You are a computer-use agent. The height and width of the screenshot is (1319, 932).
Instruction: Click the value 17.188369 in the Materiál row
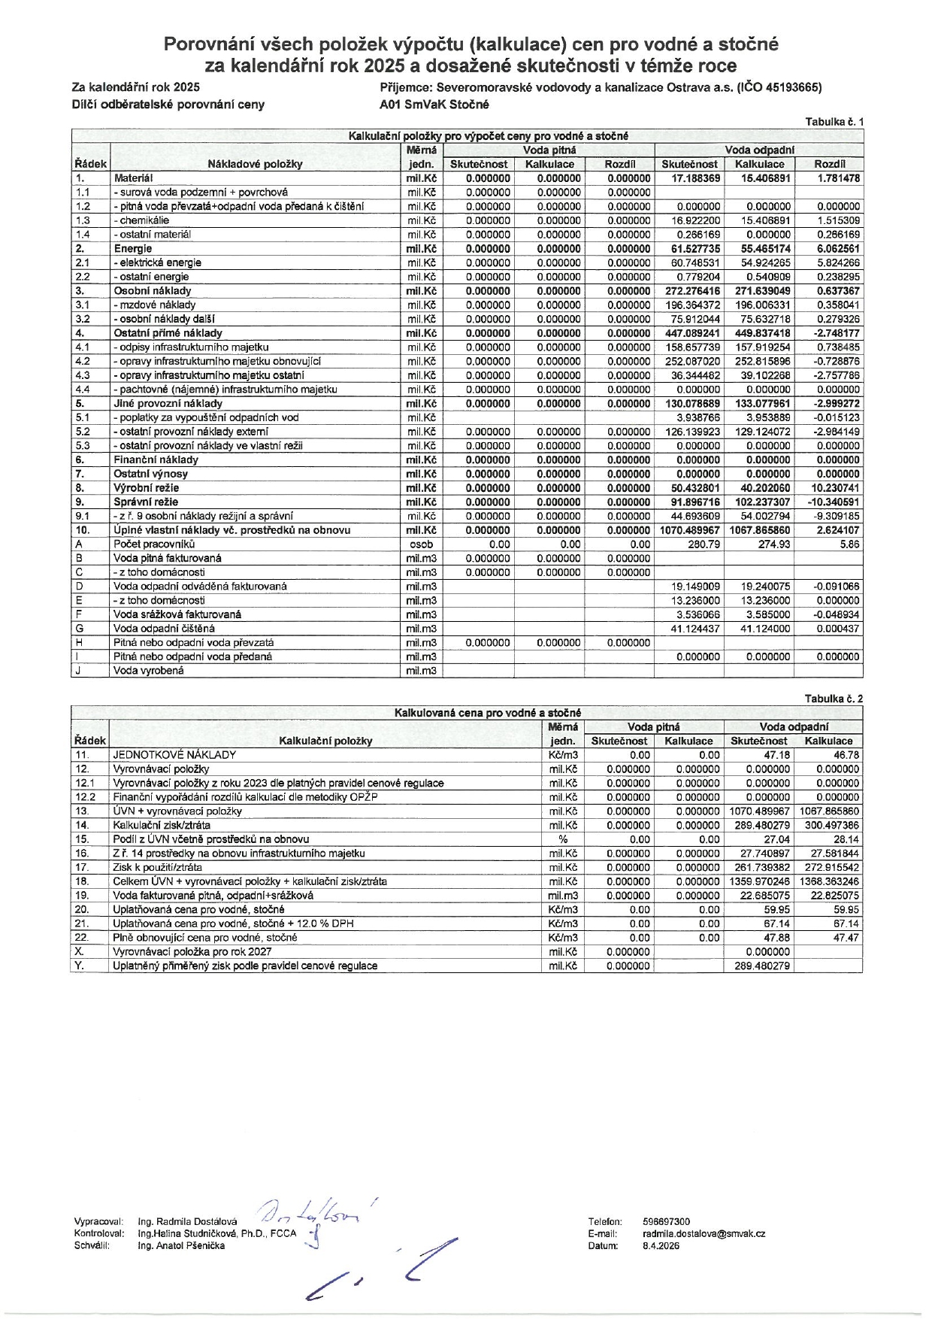tap(691, 178)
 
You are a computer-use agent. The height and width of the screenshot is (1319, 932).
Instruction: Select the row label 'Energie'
tap(133, 249)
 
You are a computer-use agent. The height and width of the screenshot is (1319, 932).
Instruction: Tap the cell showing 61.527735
tap(691, 249)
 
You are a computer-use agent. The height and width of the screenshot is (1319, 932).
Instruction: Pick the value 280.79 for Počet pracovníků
tap(704, 544)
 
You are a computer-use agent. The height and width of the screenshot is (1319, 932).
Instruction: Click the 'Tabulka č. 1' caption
tap(834, 122)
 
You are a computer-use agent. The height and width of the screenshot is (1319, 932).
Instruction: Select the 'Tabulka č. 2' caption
tap(834, 699)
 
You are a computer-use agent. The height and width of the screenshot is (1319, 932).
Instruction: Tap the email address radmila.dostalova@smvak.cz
tap(704, 1234)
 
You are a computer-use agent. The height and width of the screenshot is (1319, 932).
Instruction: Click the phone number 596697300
tap(666, 1222)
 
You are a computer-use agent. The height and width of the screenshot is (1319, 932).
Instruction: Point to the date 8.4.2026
tap(661, 1246)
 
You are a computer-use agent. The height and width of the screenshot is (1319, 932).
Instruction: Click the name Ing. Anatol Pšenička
tap(181, 1246)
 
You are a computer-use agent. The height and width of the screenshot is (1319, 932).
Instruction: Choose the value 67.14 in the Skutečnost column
tap(767, 923)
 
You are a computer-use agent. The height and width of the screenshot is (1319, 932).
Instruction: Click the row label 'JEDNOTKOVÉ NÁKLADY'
tap(174, 755)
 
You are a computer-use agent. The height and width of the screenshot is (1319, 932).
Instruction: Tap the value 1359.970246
tap(758, 881)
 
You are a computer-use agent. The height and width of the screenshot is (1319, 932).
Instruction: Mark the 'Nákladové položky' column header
tap(255, 164)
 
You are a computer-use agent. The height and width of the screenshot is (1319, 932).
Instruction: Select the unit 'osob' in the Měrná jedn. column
tap(422, 544)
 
